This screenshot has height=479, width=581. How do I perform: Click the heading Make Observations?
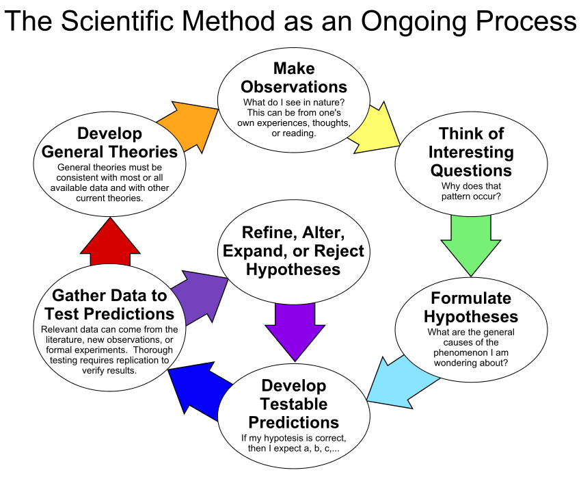pyautogui.click(x=294, y=78)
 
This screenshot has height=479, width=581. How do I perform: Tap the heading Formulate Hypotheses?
pyautogui.click(x=471, y=308)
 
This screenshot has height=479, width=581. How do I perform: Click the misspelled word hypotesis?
pyautogui.click(x=282, y=438)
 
